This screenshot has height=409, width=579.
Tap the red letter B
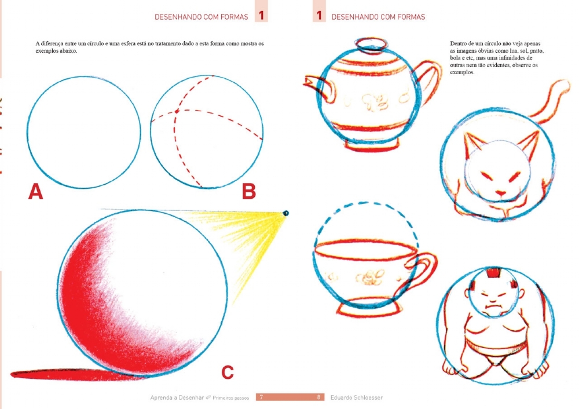[249, 191]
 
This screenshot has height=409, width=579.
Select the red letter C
[228, 372]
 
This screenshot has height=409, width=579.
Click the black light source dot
[285, 213]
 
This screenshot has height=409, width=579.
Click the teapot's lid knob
[371, 44]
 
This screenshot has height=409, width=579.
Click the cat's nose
[501, 193]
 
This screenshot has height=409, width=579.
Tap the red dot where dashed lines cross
[177, 111]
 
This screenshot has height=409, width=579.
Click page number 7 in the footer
[262, 397]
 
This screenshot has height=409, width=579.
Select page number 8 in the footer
[318, 397]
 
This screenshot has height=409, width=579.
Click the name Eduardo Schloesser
[356, 397]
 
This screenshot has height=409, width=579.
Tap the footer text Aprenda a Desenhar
[177, 397]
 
